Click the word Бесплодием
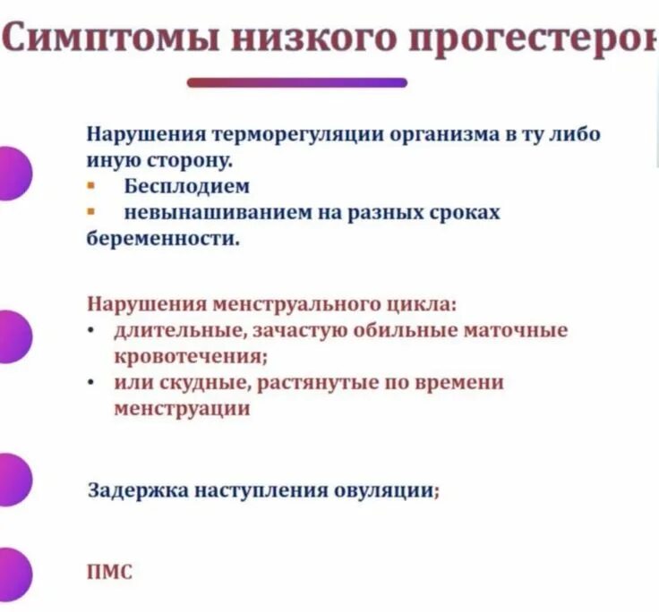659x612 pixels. pyautogui.click(x=186, y=187)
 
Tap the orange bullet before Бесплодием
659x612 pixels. pyautogui.click(x=90, y=187)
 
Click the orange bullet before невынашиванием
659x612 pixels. pyautogui.click(x=90, y=213)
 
